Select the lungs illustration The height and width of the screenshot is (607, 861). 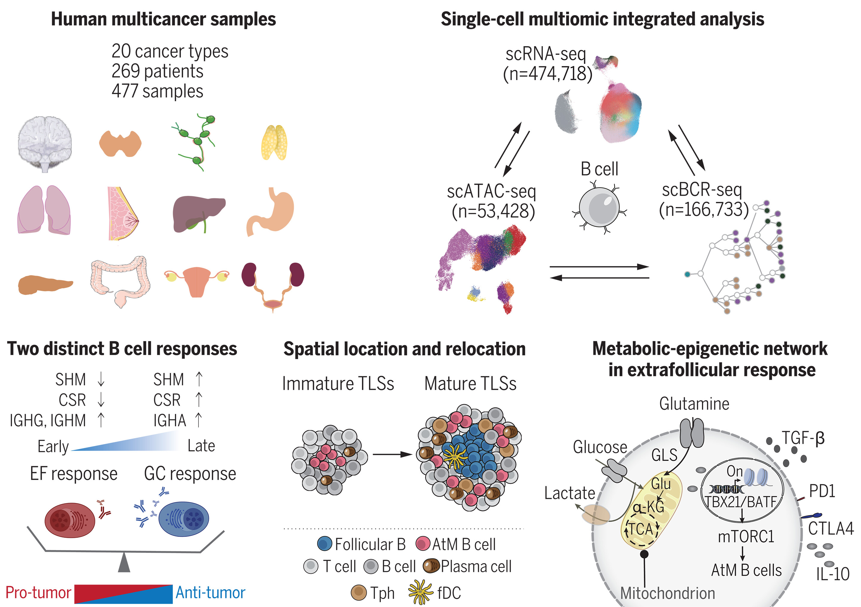(44, 210)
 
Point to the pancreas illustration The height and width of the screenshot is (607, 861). (45, 284)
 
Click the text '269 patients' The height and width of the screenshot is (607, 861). (157, 71)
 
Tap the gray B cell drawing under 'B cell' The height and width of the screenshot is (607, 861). (599, 207)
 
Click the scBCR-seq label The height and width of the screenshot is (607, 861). (702, 189)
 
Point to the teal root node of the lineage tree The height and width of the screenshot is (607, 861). (687, 274)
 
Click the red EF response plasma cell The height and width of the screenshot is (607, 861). (70, 520)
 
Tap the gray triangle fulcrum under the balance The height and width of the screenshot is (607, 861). (124, 564)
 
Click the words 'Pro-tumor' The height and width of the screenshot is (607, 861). (38, 593)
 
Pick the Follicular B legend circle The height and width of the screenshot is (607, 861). (324, 543)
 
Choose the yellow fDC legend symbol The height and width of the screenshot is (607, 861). (420, 592)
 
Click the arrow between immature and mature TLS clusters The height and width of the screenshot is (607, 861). (392, 455)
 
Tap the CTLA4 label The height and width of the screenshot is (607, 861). (830, 529)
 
